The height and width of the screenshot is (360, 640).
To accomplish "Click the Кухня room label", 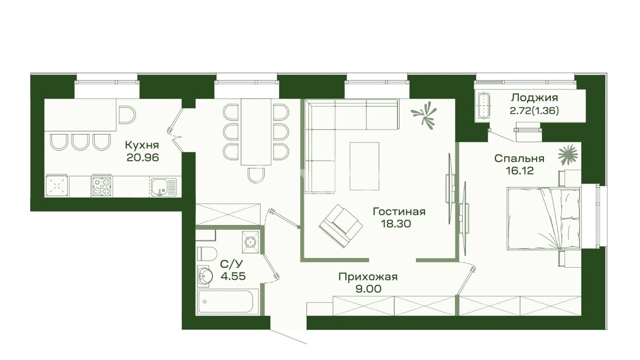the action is point(142,145).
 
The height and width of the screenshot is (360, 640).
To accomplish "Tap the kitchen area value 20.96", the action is point(142,157).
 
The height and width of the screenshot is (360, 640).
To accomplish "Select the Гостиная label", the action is point(399,211).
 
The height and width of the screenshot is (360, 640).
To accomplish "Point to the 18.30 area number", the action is point(396,223).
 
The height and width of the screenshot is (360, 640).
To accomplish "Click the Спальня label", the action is point(519,158).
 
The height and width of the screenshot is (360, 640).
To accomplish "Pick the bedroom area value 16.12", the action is point(519,171).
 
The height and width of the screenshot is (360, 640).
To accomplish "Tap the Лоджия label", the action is point(534,97).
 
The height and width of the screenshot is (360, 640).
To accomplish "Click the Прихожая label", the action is point(368,277).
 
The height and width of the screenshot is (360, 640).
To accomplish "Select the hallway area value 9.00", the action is point(368,289).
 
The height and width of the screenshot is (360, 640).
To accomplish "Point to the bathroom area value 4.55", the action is point(233,276).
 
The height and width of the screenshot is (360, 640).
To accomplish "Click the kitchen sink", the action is point(164,187).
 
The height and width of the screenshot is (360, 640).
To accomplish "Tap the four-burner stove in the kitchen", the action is point(102,186).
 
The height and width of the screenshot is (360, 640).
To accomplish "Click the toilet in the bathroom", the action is point(206,253).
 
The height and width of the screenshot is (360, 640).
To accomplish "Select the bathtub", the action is point(227,301).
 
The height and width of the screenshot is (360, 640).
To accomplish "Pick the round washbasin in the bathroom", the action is point(205,275).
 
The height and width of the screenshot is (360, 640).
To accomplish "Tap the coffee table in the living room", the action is point(364,166).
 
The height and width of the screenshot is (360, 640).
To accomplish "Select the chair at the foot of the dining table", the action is point(256,175).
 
